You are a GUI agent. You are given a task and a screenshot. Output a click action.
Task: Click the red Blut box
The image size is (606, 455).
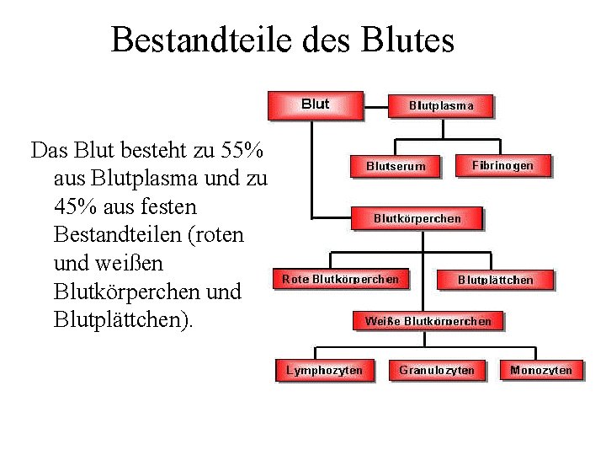[316, 104]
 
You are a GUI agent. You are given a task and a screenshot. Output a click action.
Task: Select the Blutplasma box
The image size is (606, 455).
[441, 105]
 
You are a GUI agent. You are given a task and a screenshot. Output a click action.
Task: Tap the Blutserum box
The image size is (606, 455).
[396, 166]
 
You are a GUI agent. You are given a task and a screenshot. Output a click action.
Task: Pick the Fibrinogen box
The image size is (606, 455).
[502, 165]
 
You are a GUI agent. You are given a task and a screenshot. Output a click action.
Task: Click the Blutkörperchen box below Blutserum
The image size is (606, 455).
[417, 218]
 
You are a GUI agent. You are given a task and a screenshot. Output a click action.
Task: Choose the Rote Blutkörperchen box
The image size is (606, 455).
[340, 278]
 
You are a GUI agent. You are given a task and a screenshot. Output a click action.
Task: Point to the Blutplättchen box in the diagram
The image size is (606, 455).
[495, 279]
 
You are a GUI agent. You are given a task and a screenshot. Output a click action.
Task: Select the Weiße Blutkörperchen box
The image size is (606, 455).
[428, 320]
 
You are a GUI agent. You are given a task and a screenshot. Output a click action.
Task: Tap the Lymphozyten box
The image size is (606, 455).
[325, 370]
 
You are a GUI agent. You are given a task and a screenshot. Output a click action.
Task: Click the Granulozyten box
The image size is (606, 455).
[437, 370]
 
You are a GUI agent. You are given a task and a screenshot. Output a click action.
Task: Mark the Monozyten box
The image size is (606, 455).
[541, 370]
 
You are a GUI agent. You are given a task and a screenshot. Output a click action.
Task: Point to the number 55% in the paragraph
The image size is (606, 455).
[242, 151]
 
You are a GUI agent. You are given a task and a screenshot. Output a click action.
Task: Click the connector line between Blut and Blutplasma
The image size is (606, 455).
[375, 105]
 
